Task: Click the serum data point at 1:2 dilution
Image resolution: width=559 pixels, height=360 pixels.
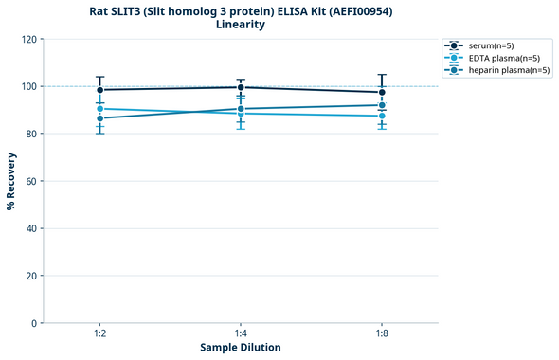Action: (x=99, y=90)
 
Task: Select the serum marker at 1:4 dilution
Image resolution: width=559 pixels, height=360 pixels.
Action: (x=241, y=87)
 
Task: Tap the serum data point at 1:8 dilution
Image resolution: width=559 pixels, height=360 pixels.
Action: (x=382, y=93)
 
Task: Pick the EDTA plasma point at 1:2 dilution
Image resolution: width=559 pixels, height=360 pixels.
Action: (x=99, y=109)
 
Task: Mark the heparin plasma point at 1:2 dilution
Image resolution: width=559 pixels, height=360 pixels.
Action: (x=99, y=117)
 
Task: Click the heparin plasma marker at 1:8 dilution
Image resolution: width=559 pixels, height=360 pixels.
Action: (x=382, y=105)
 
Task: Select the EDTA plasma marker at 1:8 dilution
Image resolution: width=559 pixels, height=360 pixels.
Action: (x=382, y=116)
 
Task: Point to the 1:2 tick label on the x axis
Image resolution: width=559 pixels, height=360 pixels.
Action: (x=99, y=333)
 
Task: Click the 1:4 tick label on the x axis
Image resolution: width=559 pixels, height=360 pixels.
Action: (x=241, y=333)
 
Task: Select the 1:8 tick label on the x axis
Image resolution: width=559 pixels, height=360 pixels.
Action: (x=382, y=333)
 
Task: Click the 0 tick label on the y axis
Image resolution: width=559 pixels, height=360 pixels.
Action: (x=35, y=323)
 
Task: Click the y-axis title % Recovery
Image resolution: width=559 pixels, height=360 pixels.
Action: (x=11, y=180)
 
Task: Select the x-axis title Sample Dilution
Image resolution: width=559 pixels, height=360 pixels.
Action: (x=241, y=348)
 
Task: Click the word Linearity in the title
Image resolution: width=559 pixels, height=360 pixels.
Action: (x=241, y=25)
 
